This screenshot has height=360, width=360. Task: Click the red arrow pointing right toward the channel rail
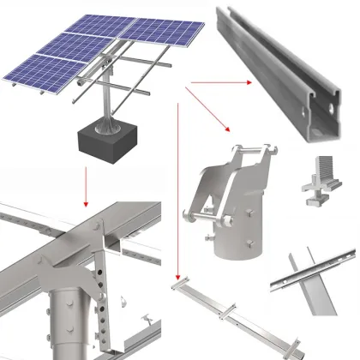point(218,82)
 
